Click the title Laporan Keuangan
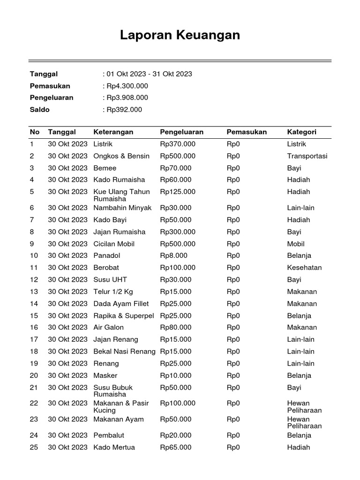180,35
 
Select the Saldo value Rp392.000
124,110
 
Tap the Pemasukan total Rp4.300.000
127,86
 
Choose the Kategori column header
301,132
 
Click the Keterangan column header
113,132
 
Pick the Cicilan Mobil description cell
114,244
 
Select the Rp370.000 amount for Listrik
178,144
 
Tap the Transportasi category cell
307,156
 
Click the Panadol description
106,255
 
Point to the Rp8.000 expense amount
173,255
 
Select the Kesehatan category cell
304,268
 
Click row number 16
34,327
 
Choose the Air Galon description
109,327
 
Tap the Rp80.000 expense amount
176,327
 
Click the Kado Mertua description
114,447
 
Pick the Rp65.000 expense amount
176,447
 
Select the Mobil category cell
296,244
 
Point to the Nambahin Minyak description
122,208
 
